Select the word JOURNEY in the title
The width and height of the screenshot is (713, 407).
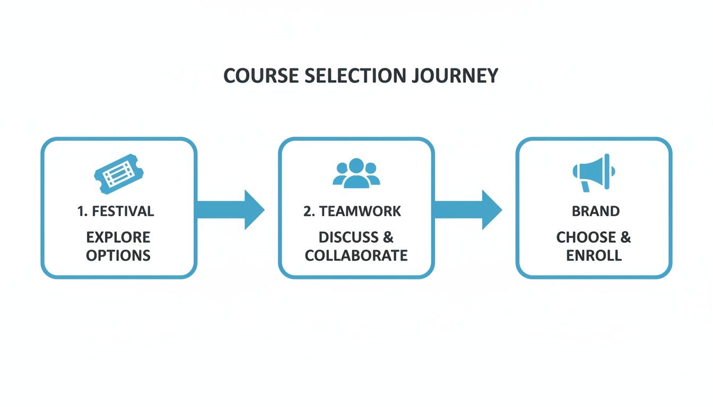coord(455,75)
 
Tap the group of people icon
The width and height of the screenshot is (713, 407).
coord(356,173)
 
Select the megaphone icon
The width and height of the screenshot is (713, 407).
coord(594,172)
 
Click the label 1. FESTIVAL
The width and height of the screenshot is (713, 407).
coord(116,211)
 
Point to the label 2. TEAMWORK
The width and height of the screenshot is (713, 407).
coord(352,211)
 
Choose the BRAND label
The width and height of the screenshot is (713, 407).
coord(595,211)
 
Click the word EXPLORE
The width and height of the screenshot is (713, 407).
coord(118,237)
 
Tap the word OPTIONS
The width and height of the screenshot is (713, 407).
coord(118,255)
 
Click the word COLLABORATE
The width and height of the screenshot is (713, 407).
coord(356,255)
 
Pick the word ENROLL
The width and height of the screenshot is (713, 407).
coord(594,255)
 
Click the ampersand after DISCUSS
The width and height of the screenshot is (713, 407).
coord(388,237)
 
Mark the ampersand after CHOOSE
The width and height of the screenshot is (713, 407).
coord(625,237)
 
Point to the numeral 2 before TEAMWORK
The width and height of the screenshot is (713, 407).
coord(307,211)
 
